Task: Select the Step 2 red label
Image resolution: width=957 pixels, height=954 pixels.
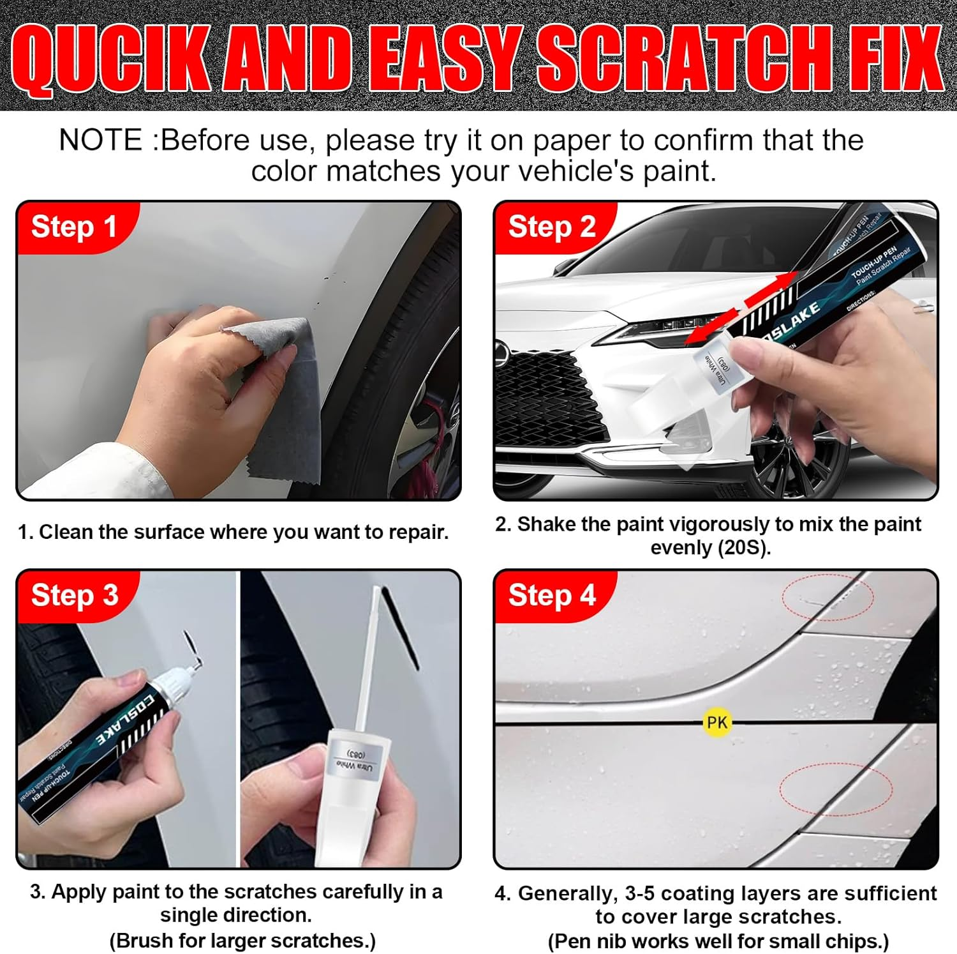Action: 552,227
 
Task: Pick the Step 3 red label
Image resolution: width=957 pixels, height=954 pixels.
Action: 75,595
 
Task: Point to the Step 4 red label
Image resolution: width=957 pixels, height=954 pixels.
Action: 552,595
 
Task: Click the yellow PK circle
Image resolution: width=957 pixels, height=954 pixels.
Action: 716,722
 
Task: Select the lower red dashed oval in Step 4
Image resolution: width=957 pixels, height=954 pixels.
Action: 836,789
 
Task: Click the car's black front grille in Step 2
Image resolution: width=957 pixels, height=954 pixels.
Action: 542,396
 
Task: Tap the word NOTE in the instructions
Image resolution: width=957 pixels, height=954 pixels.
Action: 101,140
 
